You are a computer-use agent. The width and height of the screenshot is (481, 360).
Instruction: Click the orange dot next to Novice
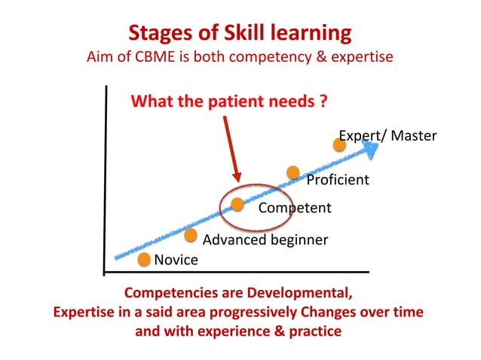tap(144, 259)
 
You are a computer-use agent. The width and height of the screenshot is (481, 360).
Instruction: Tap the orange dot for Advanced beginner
tap(192, 236)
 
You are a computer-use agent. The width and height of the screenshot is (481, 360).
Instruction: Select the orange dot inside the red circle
tap(237, 204)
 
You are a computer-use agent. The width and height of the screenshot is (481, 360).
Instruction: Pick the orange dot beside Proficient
tap(293, 172)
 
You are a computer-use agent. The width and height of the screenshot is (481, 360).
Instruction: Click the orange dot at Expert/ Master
tap(340, 144)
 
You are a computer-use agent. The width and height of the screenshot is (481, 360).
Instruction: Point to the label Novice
tap(176, 261)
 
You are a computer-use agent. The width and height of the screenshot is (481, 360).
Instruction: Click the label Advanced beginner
tap(266, 240)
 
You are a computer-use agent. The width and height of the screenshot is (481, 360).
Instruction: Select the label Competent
tap(295, 209)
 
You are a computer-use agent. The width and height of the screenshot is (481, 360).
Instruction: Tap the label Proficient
tap(337, 180)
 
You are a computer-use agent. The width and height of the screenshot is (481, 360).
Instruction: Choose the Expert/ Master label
tap(388, 136)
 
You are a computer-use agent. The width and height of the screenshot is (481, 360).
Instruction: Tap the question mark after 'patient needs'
tap(323, 101)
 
